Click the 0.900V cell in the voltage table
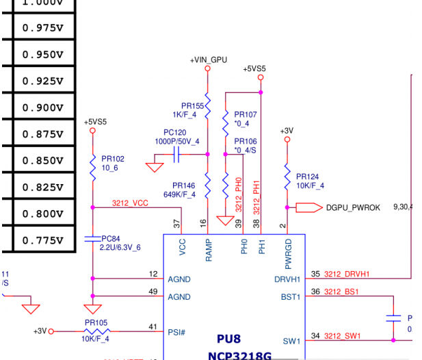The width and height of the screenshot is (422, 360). coord(42,107)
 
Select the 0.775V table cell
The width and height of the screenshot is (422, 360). coord(42,240)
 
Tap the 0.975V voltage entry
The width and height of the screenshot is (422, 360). coord(42,27)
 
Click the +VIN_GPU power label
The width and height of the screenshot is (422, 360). coord(208,60)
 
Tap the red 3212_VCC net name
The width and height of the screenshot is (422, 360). coord(130,203)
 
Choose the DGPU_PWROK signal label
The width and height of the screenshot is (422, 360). coord(353,207)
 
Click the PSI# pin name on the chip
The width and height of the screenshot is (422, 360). coord(176,332)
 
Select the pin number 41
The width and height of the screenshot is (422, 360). coord(152,327)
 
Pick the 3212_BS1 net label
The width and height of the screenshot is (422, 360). coord(343,292)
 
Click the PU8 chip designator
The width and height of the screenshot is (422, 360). coord(229,339)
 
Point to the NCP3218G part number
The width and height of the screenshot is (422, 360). coord(240,355)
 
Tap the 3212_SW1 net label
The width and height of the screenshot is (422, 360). coord(343,335)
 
